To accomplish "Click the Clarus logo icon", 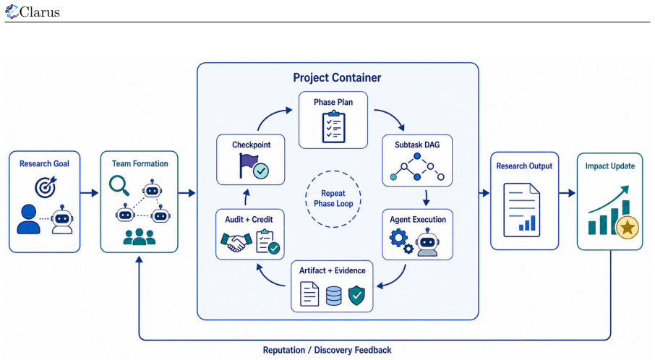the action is click(x=12, y=12).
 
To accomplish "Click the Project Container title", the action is click(x=337, y=77).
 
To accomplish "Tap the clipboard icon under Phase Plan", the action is click(x=334, y=127).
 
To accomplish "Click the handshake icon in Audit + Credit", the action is click(x=236, y=242).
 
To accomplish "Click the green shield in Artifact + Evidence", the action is click(x=356, y=295).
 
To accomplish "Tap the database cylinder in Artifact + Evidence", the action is click(x=333, y=295).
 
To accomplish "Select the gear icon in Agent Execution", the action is click(x=399, y=239).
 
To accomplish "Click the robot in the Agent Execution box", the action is click(x=427, y=242).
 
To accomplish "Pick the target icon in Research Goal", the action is click(x=46, y=187).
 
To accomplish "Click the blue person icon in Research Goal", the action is click(x=28, y=219).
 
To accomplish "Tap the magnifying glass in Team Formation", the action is click(x=119, y=186).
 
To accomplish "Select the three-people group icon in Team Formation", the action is click(x=139, y=237).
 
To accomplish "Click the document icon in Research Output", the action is click(x=521, y=210).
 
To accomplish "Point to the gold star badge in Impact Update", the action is click(x=627, y=228).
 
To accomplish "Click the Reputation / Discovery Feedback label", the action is click(x=327, y=350).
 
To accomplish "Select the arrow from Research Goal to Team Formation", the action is click(x=89, y=193).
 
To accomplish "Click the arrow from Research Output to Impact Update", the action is click(x=567, y=193).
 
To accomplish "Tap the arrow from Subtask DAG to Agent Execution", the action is click(x=426, y=198).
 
